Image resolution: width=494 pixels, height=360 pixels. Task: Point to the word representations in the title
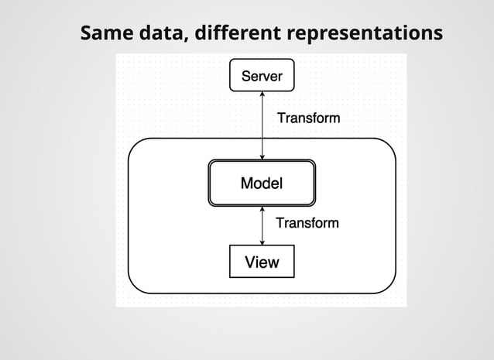365,34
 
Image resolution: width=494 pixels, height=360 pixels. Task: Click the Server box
262,75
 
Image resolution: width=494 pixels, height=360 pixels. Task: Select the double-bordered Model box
262,183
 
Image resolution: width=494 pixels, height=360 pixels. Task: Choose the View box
262,262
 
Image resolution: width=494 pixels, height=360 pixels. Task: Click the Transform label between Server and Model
308,118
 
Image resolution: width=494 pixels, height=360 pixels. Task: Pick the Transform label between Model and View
307,223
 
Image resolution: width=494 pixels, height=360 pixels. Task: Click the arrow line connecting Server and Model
262,124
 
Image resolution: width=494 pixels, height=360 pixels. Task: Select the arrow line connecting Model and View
262,225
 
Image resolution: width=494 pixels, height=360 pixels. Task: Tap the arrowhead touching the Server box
262,94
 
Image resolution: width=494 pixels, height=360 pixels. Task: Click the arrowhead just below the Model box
262,210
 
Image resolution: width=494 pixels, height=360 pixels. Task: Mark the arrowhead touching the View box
262,242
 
